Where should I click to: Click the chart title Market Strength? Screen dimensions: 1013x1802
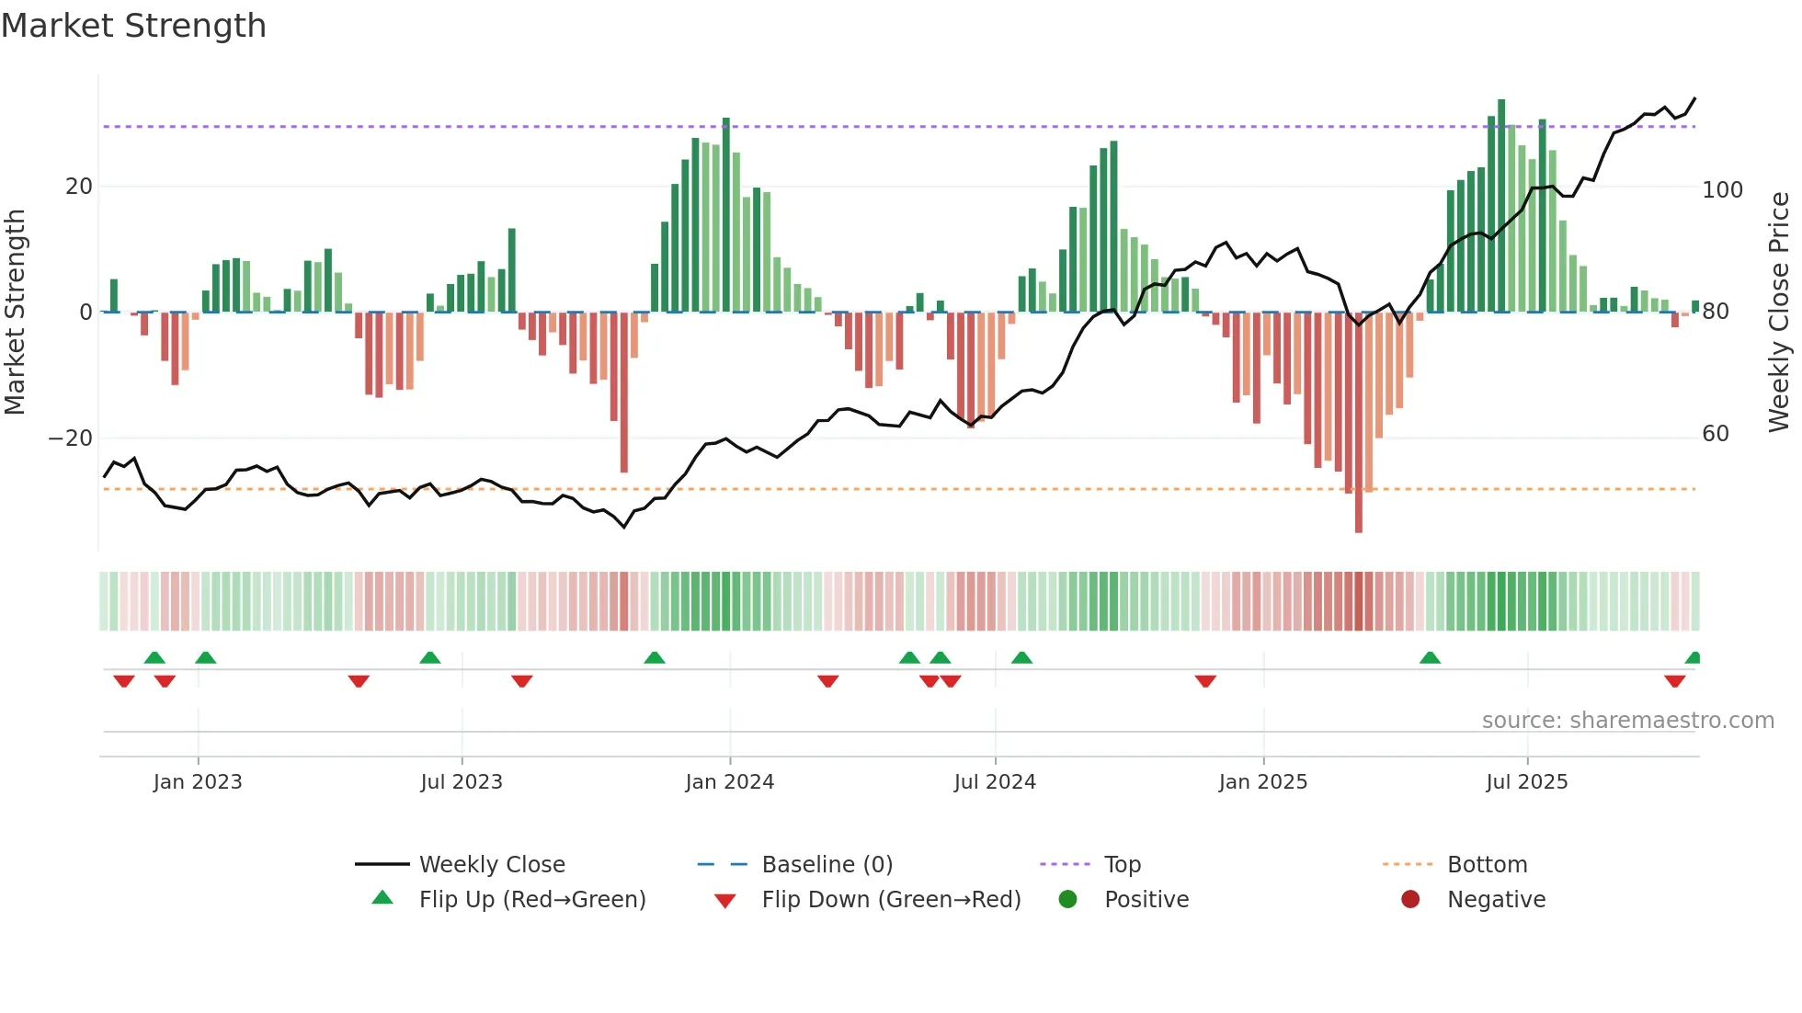click(134, 26)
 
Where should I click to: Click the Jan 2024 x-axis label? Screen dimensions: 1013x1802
click(729, 782)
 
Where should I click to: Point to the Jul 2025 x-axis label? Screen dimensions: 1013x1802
click(1526, 782)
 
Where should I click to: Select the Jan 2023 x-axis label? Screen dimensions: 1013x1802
click(198, 782)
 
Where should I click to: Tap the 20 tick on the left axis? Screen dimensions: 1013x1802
click(79, 187)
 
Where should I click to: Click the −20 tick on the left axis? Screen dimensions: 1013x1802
click(71, 438)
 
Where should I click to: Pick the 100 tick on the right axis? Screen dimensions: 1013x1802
click(1722, 190)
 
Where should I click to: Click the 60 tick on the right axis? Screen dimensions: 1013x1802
click(1716, 434)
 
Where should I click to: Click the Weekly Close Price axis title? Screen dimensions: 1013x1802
click(1779, 313)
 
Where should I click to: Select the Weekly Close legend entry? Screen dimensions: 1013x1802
click(492, 865)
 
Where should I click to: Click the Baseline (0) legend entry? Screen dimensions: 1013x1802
click(827, 865)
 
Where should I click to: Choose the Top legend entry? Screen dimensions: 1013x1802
click(1122, 865)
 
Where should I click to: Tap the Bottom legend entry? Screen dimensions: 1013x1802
click(1487, 865)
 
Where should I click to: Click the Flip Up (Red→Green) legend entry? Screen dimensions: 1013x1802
click(531, 900)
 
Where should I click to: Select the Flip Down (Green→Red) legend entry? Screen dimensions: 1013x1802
click(890, 900)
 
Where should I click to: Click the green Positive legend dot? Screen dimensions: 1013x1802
click(1067, 900)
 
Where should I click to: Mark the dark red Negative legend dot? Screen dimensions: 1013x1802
click(1410, 900)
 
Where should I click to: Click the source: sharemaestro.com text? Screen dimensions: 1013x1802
click(1627, 721)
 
